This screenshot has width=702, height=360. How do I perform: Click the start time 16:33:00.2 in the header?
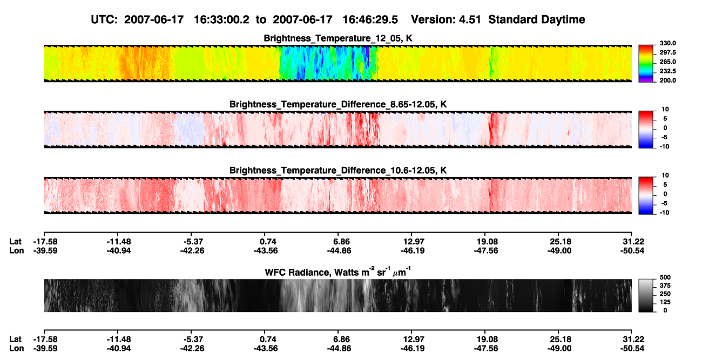pyautogui.click(x=221, y=19)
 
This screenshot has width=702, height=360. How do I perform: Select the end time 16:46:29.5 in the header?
pyautogui.click(x=370, y=19)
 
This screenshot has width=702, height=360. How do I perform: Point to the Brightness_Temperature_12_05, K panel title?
pyautogui.click(x=338, y=38)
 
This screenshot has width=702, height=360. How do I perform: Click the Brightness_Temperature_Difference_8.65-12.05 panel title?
pyautogui.click(x=338, y=104)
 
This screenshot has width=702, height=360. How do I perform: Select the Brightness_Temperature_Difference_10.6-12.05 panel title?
pyautogui.click(x=338, y=171)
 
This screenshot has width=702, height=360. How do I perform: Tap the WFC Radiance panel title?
pyautogui.click(x=338, y=271)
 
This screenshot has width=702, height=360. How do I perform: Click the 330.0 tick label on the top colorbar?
pyautogui.click(x=667, y=43)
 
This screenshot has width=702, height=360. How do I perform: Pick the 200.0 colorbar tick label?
pyautogui.click(x=667, y=80)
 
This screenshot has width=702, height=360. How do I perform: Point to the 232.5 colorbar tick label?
pyautogui.click(x=667, y=71)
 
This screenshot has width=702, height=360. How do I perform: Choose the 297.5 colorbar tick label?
pyautogui.click(x=667, y=52)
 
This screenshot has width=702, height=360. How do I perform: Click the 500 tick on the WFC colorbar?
pyautogui.click(x=665, y=277)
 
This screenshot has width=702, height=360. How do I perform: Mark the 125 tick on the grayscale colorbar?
pyautogui.click(x=665, y=302)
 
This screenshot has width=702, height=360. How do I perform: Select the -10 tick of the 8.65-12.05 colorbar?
pyautogui.click(x=665, y=146)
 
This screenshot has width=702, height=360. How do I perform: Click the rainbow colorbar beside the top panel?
pyautogui.click(x=646, y=64)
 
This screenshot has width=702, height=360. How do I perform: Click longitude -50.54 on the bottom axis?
pyautogui.click(x=632, y=349)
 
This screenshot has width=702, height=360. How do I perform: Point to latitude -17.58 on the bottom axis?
pyautogui.click(x=45, y=339)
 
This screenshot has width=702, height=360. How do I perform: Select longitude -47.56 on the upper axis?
pyautogui.click(x=486, y=250)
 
